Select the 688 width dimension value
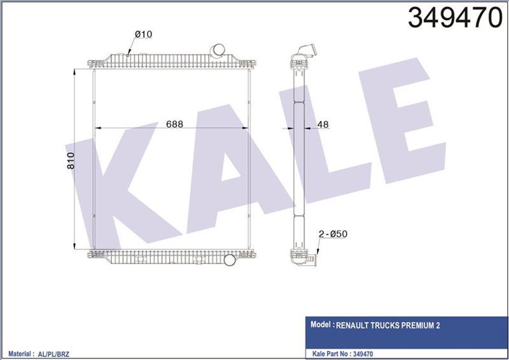coord(171,125)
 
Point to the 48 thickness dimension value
coord(323,125)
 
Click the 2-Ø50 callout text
coord(333,235)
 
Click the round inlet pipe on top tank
coord(218,50)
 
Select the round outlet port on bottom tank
coord(230,260)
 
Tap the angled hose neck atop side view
coord(305,50)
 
